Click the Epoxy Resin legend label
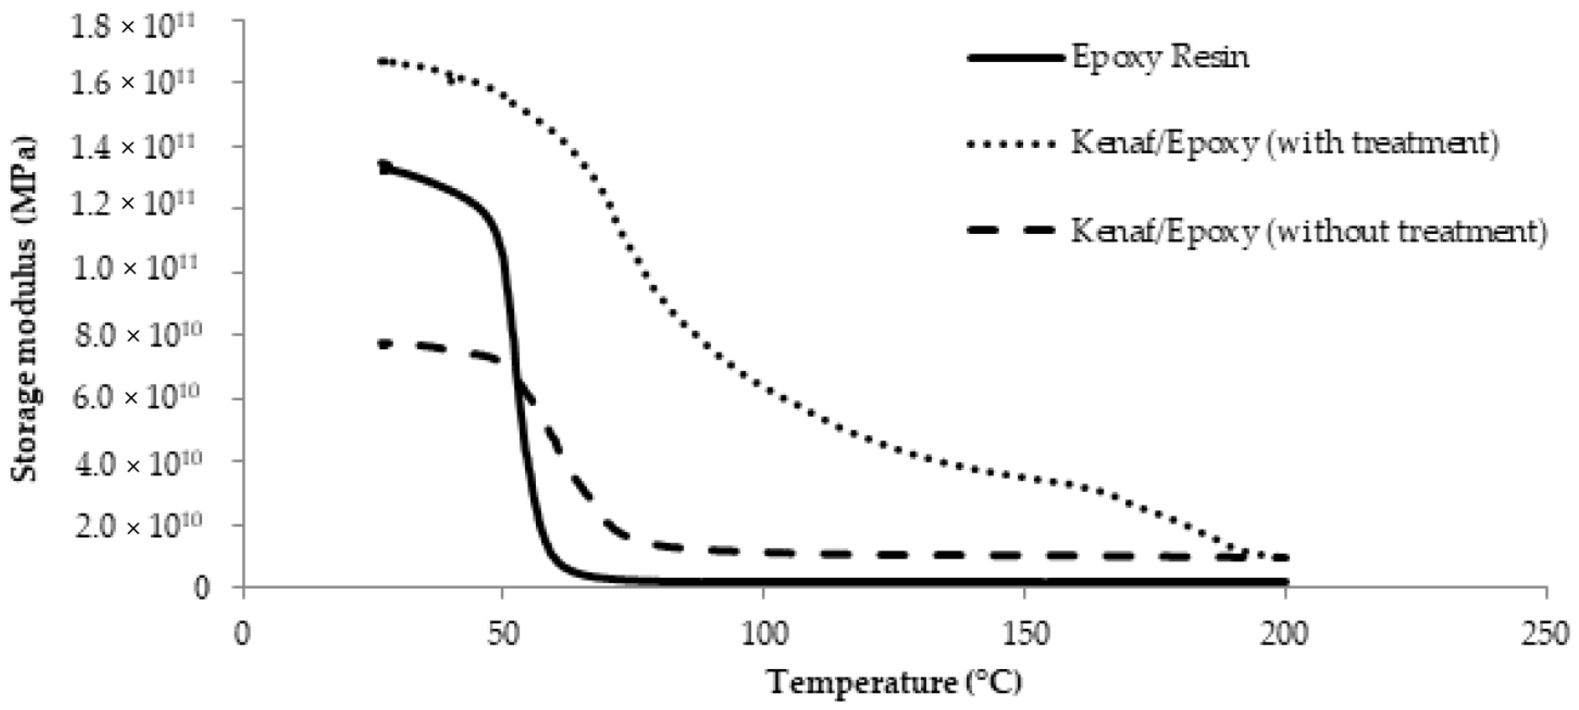pyautogui.click(x=1160, y=58)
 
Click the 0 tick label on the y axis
pyautogui.click(x=202, y=587)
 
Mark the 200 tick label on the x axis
pyautogui.click(x=1285, y=633)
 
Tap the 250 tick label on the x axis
pyautogui.click(x=1546, y=633)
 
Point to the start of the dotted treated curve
pyautogui.click(x=381, y=61)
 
